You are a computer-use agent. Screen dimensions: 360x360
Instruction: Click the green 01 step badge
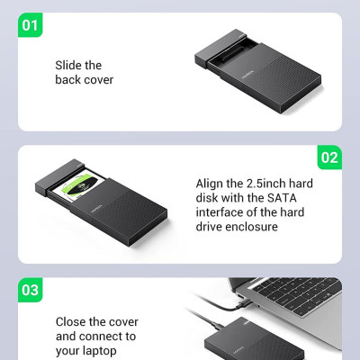tap(31, 23)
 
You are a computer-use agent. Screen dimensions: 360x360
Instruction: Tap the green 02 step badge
tap(329, 157)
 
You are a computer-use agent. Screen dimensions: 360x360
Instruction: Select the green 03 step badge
tap(31, 290)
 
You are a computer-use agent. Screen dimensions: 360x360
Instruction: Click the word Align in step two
tap(211, 184)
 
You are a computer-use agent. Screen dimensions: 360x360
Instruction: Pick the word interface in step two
tap(220, 213)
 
